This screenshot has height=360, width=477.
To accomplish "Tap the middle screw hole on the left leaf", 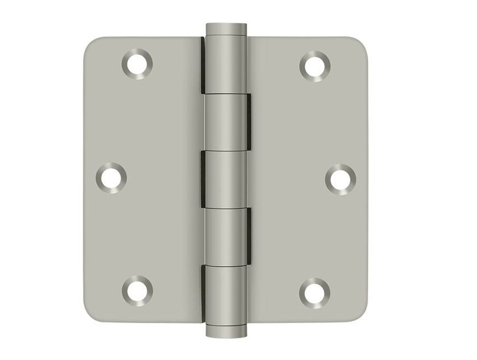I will coord(111,177).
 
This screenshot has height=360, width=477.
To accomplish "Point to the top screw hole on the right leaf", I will coord(315,65).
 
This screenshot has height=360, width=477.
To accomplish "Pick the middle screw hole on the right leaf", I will coord(340,178).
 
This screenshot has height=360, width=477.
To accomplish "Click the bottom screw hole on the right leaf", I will coord(314,291).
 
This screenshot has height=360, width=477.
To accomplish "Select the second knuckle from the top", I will coord(225,122).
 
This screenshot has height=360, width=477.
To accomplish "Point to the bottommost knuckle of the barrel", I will coord(225,296).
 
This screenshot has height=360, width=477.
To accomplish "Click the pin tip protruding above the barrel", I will coord(225,28).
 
